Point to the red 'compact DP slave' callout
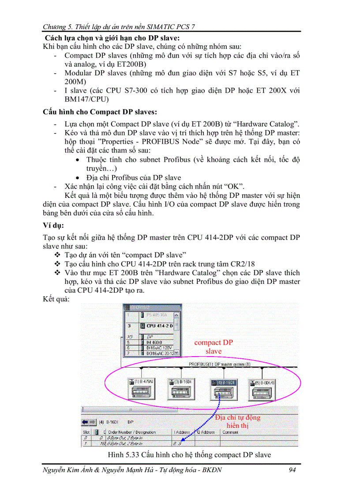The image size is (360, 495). coord(214,347)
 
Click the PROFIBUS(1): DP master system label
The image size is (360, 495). coord(219,365)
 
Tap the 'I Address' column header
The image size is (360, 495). coord(181,432)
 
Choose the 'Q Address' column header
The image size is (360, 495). coord(206,432)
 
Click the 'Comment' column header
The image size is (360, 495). coord(230,432)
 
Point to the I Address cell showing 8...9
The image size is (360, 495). coord(177,444)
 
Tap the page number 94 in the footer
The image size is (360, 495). coord(292,470)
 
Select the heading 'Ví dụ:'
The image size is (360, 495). coord(53,226)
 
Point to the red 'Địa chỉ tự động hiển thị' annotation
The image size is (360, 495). coord(237,421)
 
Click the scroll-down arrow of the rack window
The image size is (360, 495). coord(177,353)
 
